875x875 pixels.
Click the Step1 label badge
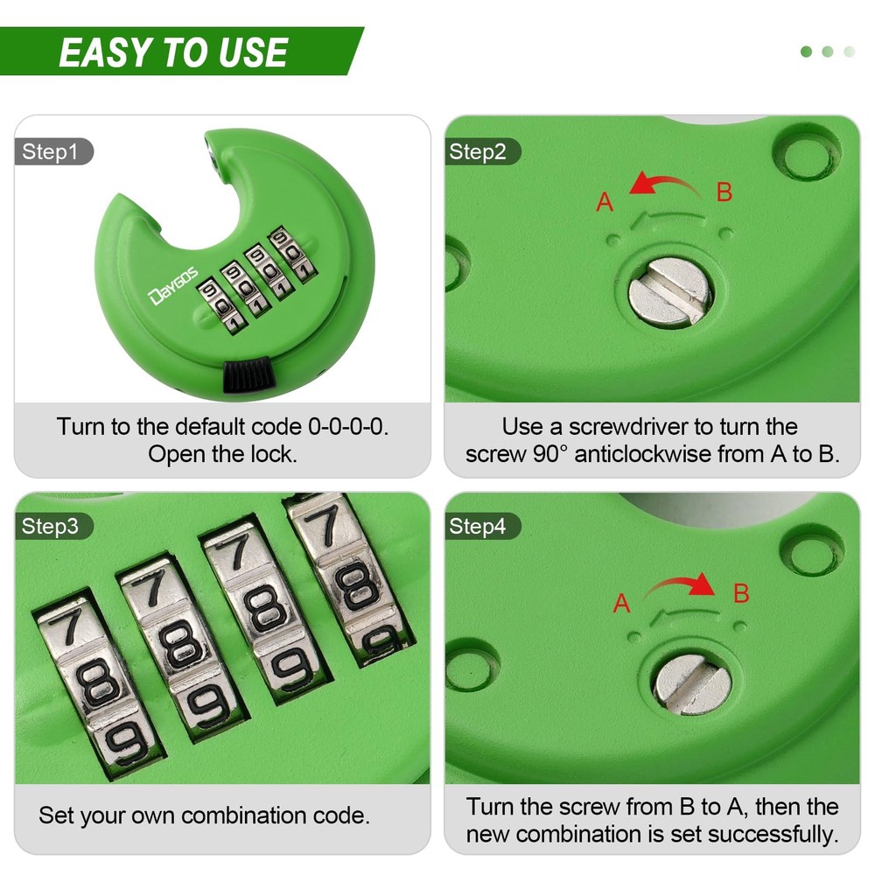click(x=53, y=151)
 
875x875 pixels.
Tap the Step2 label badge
click(x=482, y=151)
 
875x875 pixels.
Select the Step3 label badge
click(x=53, y=526)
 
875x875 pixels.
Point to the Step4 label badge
click(x=482, y=526)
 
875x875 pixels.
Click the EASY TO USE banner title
click(x=173, y=52)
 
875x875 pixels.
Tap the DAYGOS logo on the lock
click(x=173, y=286)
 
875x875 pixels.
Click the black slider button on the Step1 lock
click(x=248, y=375)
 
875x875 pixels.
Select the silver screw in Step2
click(x=670, y=292)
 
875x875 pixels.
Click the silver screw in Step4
click(x=693, y=683)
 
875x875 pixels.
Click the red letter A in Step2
click(x=605, y=202)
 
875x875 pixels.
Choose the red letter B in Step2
click(x=724, y=192)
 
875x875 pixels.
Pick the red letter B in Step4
click(x=741, y=593)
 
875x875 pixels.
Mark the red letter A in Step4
click(x=621, y=603)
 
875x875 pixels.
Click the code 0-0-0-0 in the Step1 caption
click(x=348, y=427)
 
